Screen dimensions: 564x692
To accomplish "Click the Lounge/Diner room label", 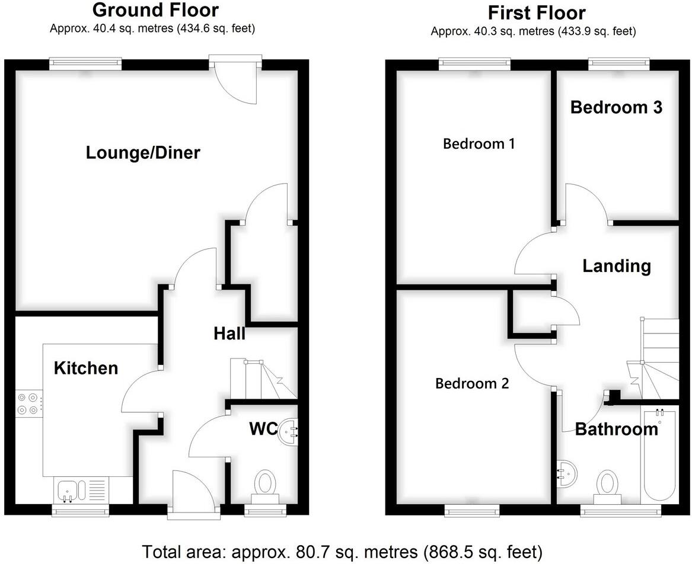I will tap(143, 153).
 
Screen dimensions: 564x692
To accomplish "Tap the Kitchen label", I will tap(86, 368).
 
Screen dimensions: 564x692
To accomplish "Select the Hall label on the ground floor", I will tap(229, 334).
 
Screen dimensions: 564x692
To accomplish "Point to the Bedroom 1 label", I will tap(479, 143).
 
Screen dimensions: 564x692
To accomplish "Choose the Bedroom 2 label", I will tap(472, 383).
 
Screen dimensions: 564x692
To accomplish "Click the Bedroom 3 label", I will tap(616, 107).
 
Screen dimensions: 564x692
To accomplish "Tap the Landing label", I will tap(617, 266).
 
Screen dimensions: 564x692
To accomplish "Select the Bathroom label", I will tap(617, 429).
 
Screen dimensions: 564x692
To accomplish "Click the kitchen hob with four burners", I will tap(28, 403).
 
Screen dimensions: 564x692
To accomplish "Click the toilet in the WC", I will tap(265, 483).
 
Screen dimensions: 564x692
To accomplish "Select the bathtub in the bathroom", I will tap(659, 456).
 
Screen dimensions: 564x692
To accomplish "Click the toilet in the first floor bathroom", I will tap(608, 483).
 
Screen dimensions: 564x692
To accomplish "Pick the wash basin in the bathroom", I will tap(566, 473).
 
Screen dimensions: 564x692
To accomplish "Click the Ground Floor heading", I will tap(155, 10).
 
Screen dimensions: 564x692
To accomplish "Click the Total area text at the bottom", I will tap(342, 552).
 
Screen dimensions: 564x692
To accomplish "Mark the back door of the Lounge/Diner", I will tap(236, 80).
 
